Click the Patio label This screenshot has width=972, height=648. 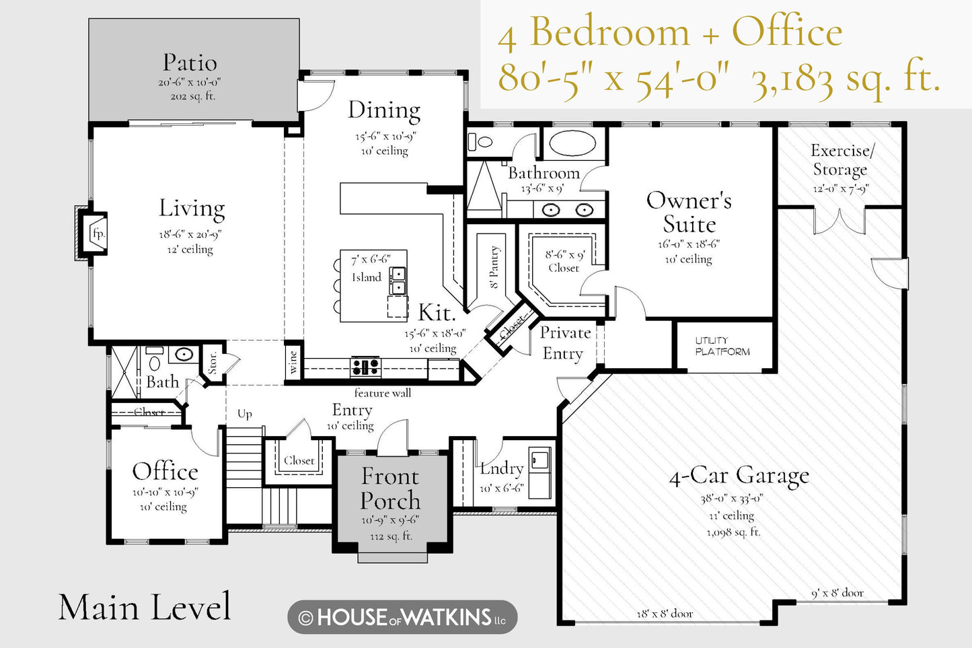190,63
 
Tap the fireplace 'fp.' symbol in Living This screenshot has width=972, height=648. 98,234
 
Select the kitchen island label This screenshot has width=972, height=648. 367,277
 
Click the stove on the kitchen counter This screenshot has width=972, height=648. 366,367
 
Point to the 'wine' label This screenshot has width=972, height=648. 293,363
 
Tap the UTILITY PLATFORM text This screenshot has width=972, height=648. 722,346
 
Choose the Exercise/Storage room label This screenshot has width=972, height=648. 841,159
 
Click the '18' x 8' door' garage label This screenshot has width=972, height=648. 665,614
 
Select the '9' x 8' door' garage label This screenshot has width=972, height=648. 837,593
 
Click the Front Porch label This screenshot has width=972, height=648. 390,489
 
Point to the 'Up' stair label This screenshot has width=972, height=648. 245,414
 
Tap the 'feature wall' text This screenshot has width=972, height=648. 382,393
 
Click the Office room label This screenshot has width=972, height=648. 165,471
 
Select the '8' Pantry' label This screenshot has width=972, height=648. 494,267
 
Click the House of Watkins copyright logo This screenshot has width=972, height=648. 402,617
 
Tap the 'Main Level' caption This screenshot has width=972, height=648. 145,607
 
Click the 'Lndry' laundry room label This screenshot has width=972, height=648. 502,469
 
